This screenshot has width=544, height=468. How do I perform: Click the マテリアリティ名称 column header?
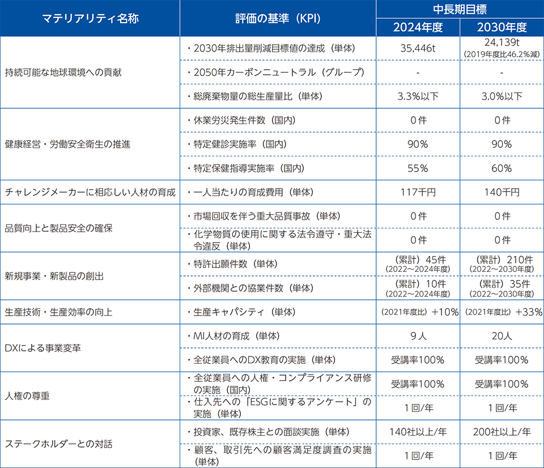coord(90,18)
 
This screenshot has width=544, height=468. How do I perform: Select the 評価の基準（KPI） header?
coord(278,18)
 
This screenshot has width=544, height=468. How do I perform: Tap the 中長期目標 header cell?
coord(460,9)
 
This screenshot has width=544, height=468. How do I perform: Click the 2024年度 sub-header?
coord(418,27)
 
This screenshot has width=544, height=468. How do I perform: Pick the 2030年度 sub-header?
coord(501,27)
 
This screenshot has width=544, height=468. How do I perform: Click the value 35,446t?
coord(418,48)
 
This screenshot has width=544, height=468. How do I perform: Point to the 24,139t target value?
coord(501,44)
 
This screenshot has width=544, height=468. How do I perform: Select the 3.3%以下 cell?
coord(418,96)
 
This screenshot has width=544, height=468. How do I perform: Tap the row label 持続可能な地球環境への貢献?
coord(63,73)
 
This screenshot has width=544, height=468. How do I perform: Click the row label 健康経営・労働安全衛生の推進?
coord(67,144)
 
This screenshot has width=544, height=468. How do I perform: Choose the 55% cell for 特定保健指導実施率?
coord(418,168)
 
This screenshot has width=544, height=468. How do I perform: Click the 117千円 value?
coord(418,192)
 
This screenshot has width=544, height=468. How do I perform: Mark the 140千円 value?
coord(501,192)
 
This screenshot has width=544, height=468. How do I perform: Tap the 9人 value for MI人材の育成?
coord(418,336)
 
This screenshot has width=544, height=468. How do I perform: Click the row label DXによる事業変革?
coord(42,348)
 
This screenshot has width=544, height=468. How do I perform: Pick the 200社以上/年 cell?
coord(501,432)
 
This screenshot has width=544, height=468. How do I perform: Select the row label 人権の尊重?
coord(27,395)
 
